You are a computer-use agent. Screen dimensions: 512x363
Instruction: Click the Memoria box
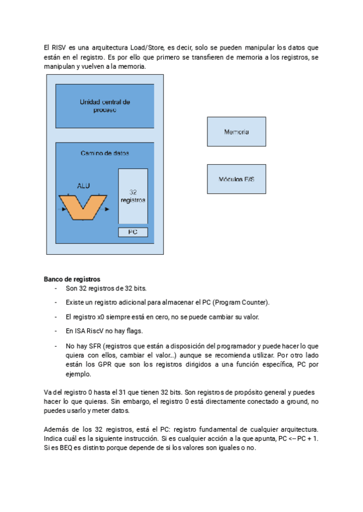click(x=236, y=132)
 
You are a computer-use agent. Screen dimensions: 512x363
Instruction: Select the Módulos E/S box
click(x=236, y=179)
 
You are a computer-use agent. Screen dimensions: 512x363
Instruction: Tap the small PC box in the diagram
click(x=132, y=232)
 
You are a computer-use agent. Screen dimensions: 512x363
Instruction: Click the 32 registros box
click(x=132, y=196)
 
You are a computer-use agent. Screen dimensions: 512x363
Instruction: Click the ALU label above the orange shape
click(x=83, y=185)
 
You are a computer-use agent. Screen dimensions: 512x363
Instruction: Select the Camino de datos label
click(x=105, y=153)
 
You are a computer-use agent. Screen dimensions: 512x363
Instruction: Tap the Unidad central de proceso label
click(x=105, y=106)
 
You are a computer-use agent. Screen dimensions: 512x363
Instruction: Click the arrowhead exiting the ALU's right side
click(x=107, y=210)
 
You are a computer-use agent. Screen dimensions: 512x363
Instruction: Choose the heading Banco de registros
click(x=72, y=280)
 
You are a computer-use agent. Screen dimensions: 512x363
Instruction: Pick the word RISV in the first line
click(x=62, y=47)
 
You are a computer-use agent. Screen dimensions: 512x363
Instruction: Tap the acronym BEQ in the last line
click(x=62, y=448)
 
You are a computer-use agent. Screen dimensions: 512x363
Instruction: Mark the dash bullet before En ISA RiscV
click(x=56, y=331)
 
